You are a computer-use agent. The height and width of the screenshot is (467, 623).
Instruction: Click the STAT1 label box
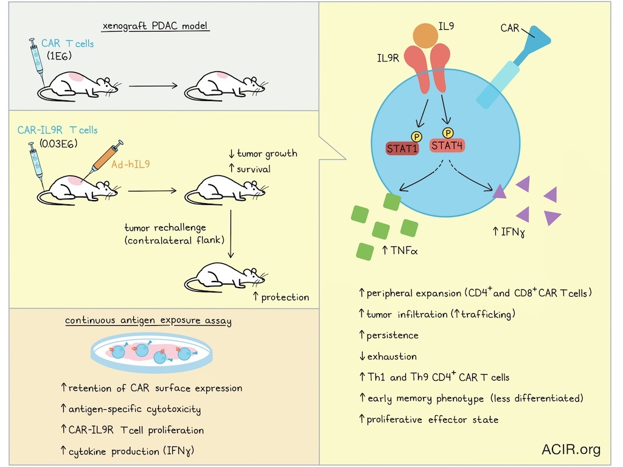(402, 148)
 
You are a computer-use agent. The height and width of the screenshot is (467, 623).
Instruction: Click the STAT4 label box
(448, 145)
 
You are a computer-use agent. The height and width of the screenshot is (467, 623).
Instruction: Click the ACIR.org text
(571, 450)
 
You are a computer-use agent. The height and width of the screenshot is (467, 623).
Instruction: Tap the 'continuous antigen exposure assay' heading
(148, 320)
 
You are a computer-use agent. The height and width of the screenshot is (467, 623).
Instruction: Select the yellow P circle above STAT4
(448, 132)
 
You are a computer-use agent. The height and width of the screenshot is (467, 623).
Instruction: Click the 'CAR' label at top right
(512, 28)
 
